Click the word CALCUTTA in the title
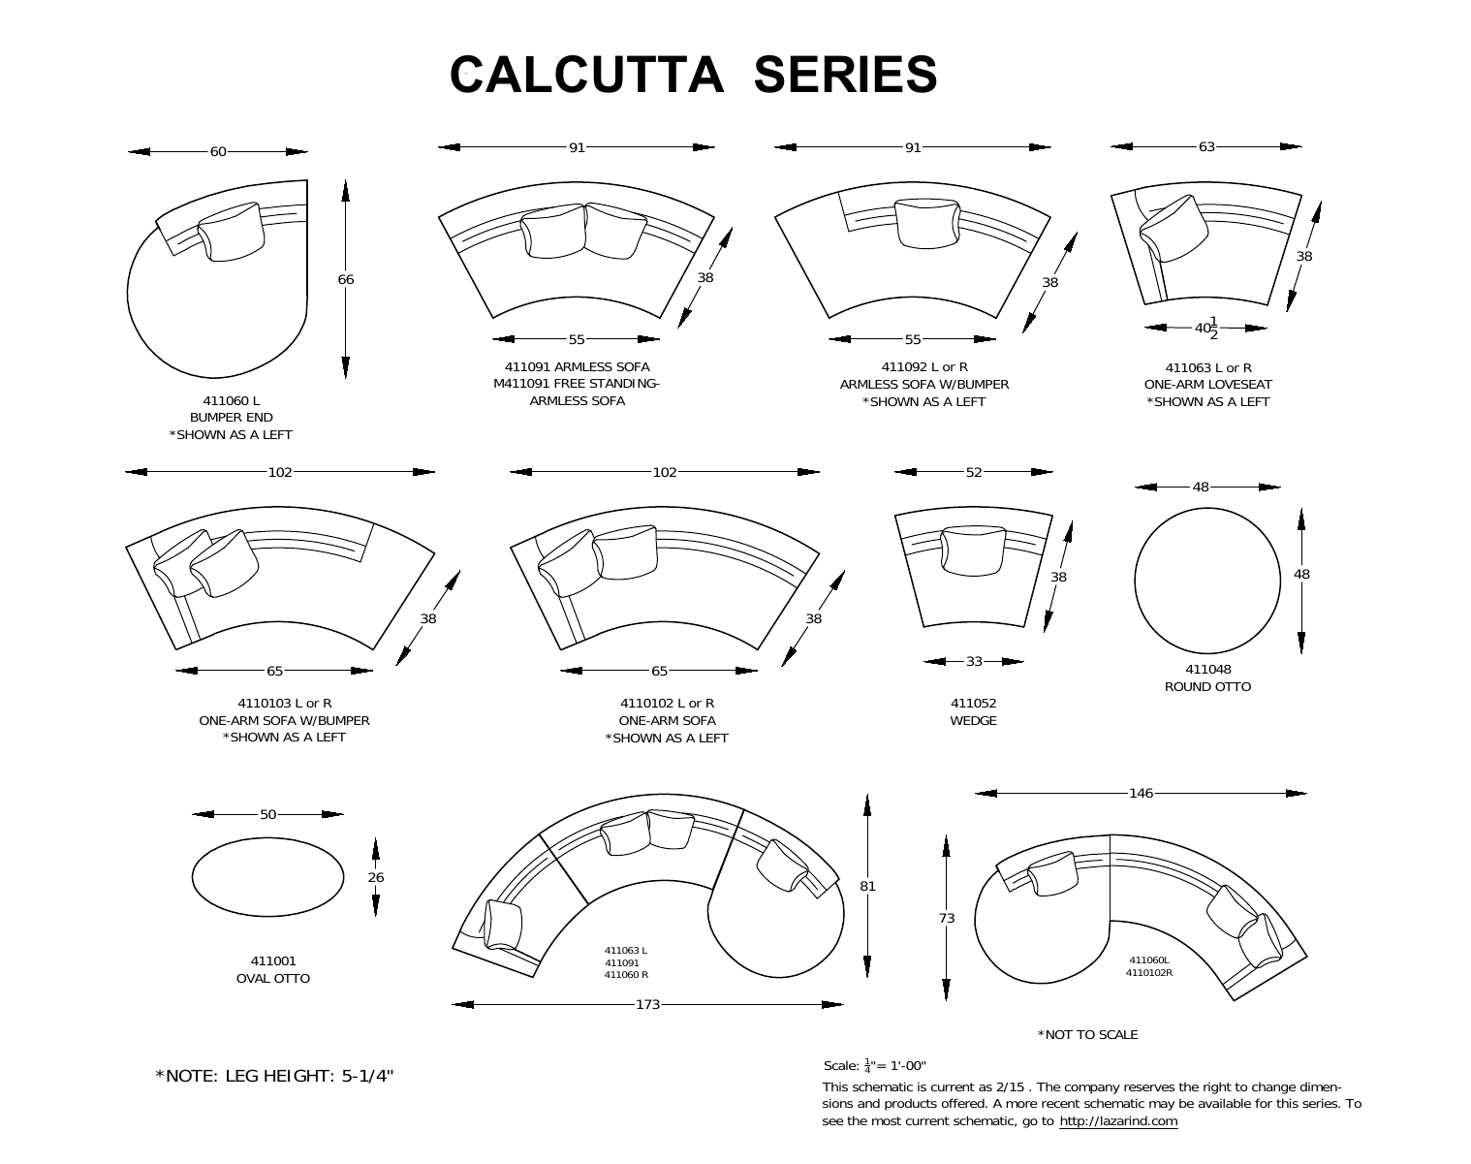coord(586,75)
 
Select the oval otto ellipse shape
coord(267,877)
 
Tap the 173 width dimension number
coord(647,1004)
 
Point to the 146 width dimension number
coord(1141,793)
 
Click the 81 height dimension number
coord(867,885)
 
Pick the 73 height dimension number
coord(947,918)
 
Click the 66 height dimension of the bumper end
coord(346,279)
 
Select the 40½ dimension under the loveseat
coord(1206,328)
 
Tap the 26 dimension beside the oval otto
coord(375,877)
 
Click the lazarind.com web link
coord(1118,1121)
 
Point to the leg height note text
coord(275,1076)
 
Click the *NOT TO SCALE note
coord(1087,1034)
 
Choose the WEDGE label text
coord(973,720)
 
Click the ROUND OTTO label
coord(1207,686)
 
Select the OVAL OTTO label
coord(273,978)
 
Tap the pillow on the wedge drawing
coord(973,550)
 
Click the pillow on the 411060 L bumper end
coord(231,232)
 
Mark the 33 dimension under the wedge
coord(974,661)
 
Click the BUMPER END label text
coord(231,418)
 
